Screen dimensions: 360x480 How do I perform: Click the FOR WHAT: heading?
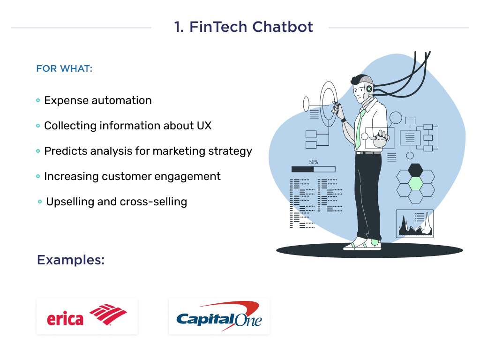pyautogui.click(x=64, y=68)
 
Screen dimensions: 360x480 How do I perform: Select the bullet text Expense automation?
pyautogui.click(x=97, y=100)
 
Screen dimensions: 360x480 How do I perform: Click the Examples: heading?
pyautogui.click(x=70, y=260)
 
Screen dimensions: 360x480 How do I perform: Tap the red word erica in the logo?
pyautogui.click(x=65, y=319)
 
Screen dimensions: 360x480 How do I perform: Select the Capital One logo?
pyautogui.click(x=219, y=315)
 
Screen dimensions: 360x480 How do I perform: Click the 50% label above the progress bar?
pyautogui.click(x=313, y=162)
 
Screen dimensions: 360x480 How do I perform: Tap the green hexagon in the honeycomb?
pyautogui.click(x=415, y=183)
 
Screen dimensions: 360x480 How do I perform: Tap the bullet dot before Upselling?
pyautogui.click(x=40, y=202)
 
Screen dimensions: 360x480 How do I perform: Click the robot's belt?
pyautogui.click(x=368, y=153)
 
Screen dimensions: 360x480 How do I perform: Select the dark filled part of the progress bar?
pyautogui.click(x=302, y=169)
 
